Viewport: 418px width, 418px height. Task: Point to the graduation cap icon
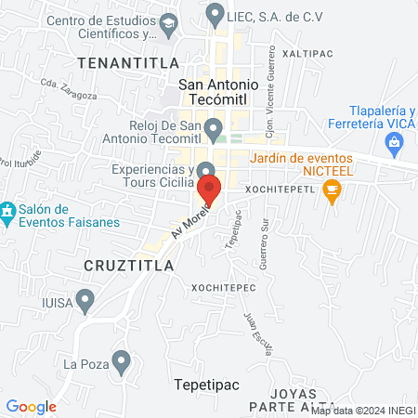click(168, 22)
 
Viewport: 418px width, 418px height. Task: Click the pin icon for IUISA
click(85, 301)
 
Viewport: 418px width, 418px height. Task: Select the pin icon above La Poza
click(120, 362)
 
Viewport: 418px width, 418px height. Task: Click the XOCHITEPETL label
click(281, 189)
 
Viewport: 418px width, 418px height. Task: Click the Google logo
click(31, 406)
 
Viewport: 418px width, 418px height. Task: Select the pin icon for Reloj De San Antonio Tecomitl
click(214, 127)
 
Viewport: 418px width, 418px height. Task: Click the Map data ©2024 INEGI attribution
click(362, 411)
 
